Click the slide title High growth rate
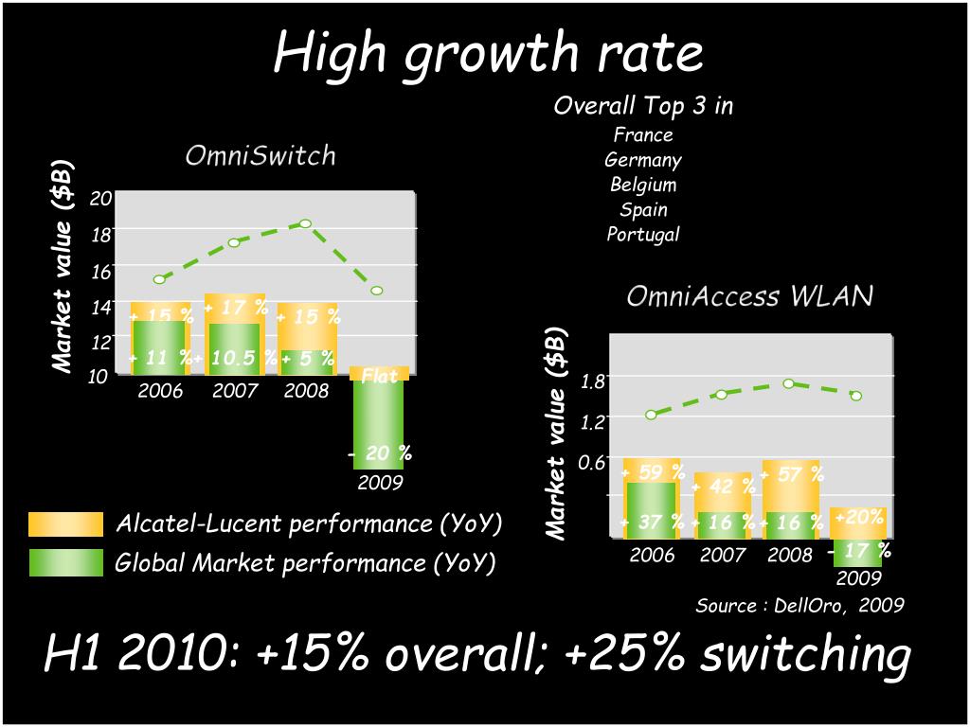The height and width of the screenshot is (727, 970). click(x=488, y=52)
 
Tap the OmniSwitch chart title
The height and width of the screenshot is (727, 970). click(x=260, y=155)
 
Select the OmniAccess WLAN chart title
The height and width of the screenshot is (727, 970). click(x=749, y=296)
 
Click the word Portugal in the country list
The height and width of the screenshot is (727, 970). click(x=643, y=234)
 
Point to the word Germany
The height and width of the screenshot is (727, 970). click(x=643, y=160)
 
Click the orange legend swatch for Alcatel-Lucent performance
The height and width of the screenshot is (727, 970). click(x=65, y=523)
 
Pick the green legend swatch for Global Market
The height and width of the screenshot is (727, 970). click(x=65, y=563)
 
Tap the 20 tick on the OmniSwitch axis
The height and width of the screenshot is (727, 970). click(x=101, y=198)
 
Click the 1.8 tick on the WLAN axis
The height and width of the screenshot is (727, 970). click(x=592, y=382)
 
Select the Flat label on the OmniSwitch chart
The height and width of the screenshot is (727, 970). click(x=380, y=376)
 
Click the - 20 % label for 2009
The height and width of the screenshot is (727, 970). click(x=380, y=453)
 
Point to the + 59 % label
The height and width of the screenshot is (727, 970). click(x=652, y=470)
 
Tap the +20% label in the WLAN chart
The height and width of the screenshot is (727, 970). click(x=859, y=517)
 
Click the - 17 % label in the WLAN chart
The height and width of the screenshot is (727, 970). click(x=858, y=550)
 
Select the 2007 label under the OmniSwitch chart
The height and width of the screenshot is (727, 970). click(x=235, y=390)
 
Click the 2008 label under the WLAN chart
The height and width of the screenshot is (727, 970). click(x=790, y=556)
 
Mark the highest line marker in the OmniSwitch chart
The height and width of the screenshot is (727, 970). click(x=305, y=223)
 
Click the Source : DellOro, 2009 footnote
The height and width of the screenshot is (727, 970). click(x=799, y=605)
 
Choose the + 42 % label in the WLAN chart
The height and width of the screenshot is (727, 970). click(x=724, y=487)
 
